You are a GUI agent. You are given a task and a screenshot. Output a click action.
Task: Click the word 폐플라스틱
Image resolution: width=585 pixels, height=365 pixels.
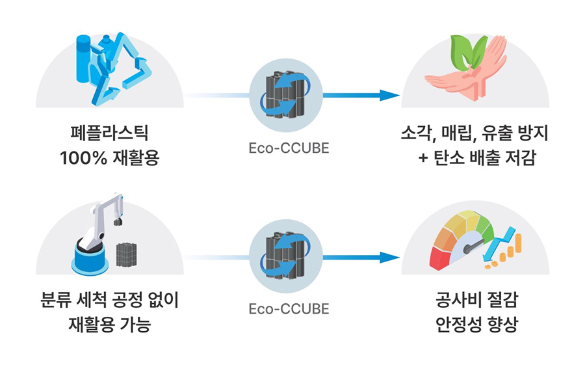109,133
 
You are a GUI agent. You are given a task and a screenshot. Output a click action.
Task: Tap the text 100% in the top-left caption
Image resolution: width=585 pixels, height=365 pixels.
83,158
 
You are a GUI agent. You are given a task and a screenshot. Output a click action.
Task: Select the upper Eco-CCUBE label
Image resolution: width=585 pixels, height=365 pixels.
289,148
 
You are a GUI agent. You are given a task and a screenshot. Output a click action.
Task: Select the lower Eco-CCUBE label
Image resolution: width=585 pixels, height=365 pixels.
289,309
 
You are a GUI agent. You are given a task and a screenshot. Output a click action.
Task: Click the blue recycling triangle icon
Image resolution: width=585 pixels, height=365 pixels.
120,69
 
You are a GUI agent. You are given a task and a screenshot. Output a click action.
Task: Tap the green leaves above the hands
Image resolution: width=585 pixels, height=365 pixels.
468,52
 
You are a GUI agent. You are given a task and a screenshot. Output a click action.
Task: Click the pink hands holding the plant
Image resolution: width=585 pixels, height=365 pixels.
470,75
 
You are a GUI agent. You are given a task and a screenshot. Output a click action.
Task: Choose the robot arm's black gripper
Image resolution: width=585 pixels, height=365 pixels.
118,221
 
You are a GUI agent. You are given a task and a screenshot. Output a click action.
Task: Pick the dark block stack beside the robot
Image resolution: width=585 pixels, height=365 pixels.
127,254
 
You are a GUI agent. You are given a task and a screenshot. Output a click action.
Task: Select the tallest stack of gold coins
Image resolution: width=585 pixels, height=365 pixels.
518,242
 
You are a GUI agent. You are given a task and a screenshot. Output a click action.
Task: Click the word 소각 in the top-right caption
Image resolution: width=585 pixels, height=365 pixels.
417,133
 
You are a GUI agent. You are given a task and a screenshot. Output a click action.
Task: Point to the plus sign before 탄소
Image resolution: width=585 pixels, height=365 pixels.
422,158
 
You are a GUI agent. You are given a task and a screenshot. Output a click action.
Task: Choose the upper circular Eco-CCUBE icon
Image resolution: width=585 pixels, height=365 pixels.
286,95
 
